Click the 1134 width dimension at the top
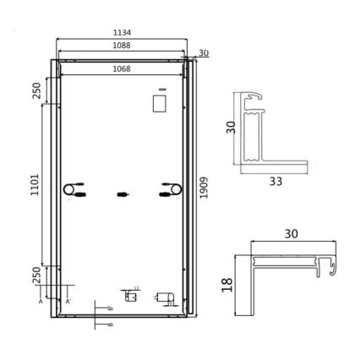(122, 32)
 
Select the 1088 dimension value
(122, 48)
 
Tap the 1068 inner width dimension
(122, 71)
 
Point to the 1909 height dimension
(203, 183)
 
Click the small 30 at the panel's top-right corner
(202, 54)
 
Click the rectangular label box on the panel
(158, 102)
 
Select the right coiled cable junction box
(170, 189)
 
